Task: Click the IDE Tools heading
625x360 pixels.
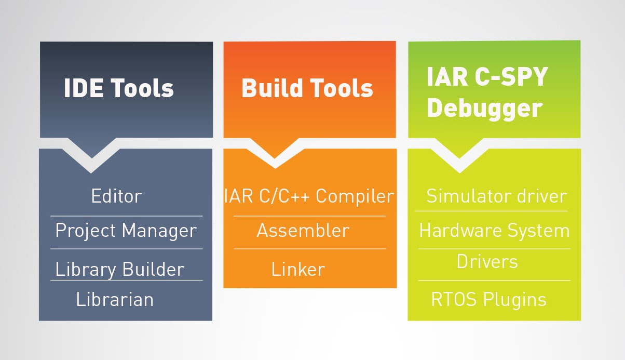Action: (119, 88)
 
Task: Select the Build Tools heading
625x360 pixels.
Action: (307, 88)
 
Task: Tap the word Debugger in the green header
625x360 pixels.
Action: (484, 109)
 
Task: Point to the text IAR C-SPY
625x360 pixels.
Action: (487, 77)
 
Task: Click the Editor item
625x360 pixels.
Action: (116, 196)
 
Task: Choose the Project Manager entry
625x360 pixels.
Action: (126, 231)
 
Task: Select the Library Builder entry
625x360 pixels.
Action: (120, 270)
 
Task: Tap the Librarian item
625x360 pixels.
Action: (115, 299)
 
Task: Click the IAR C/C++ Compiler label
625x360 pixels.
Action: (309, 196)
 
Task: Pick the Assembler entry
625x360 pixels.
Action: (303, 231)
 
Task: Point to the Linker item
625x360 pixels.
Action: (298, 269)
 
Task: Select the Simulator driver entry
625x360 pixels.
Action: (496, 196)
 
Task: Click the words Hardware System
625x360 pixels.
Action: (494, 231)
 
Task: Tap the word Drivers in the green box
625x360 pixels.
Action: (487, 261)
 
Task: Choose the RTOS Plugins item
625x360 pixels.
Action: (488, 300)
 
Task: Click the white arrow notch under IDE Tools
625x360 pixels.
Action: (91, 158)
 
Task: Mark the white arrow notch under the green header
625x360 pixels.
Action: (459, 158)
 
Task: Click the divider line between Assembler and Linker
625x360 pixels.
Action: (310, 249)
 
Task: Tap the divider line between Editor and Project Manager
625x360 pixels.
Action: (126, 216)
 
